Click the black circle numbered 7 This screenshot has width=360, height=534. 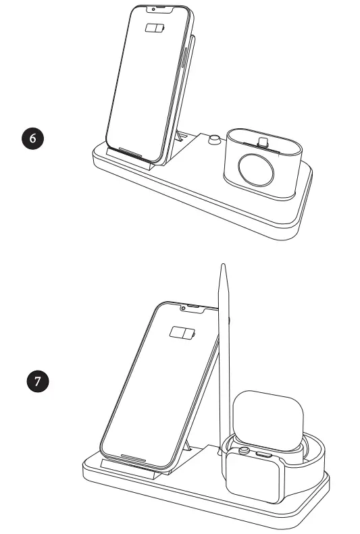tap(38, 381)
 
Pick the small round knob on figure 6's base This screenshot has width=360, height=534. tap(214, 140)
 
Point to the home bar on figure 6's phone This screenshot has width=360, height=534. tap(133, 150)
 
